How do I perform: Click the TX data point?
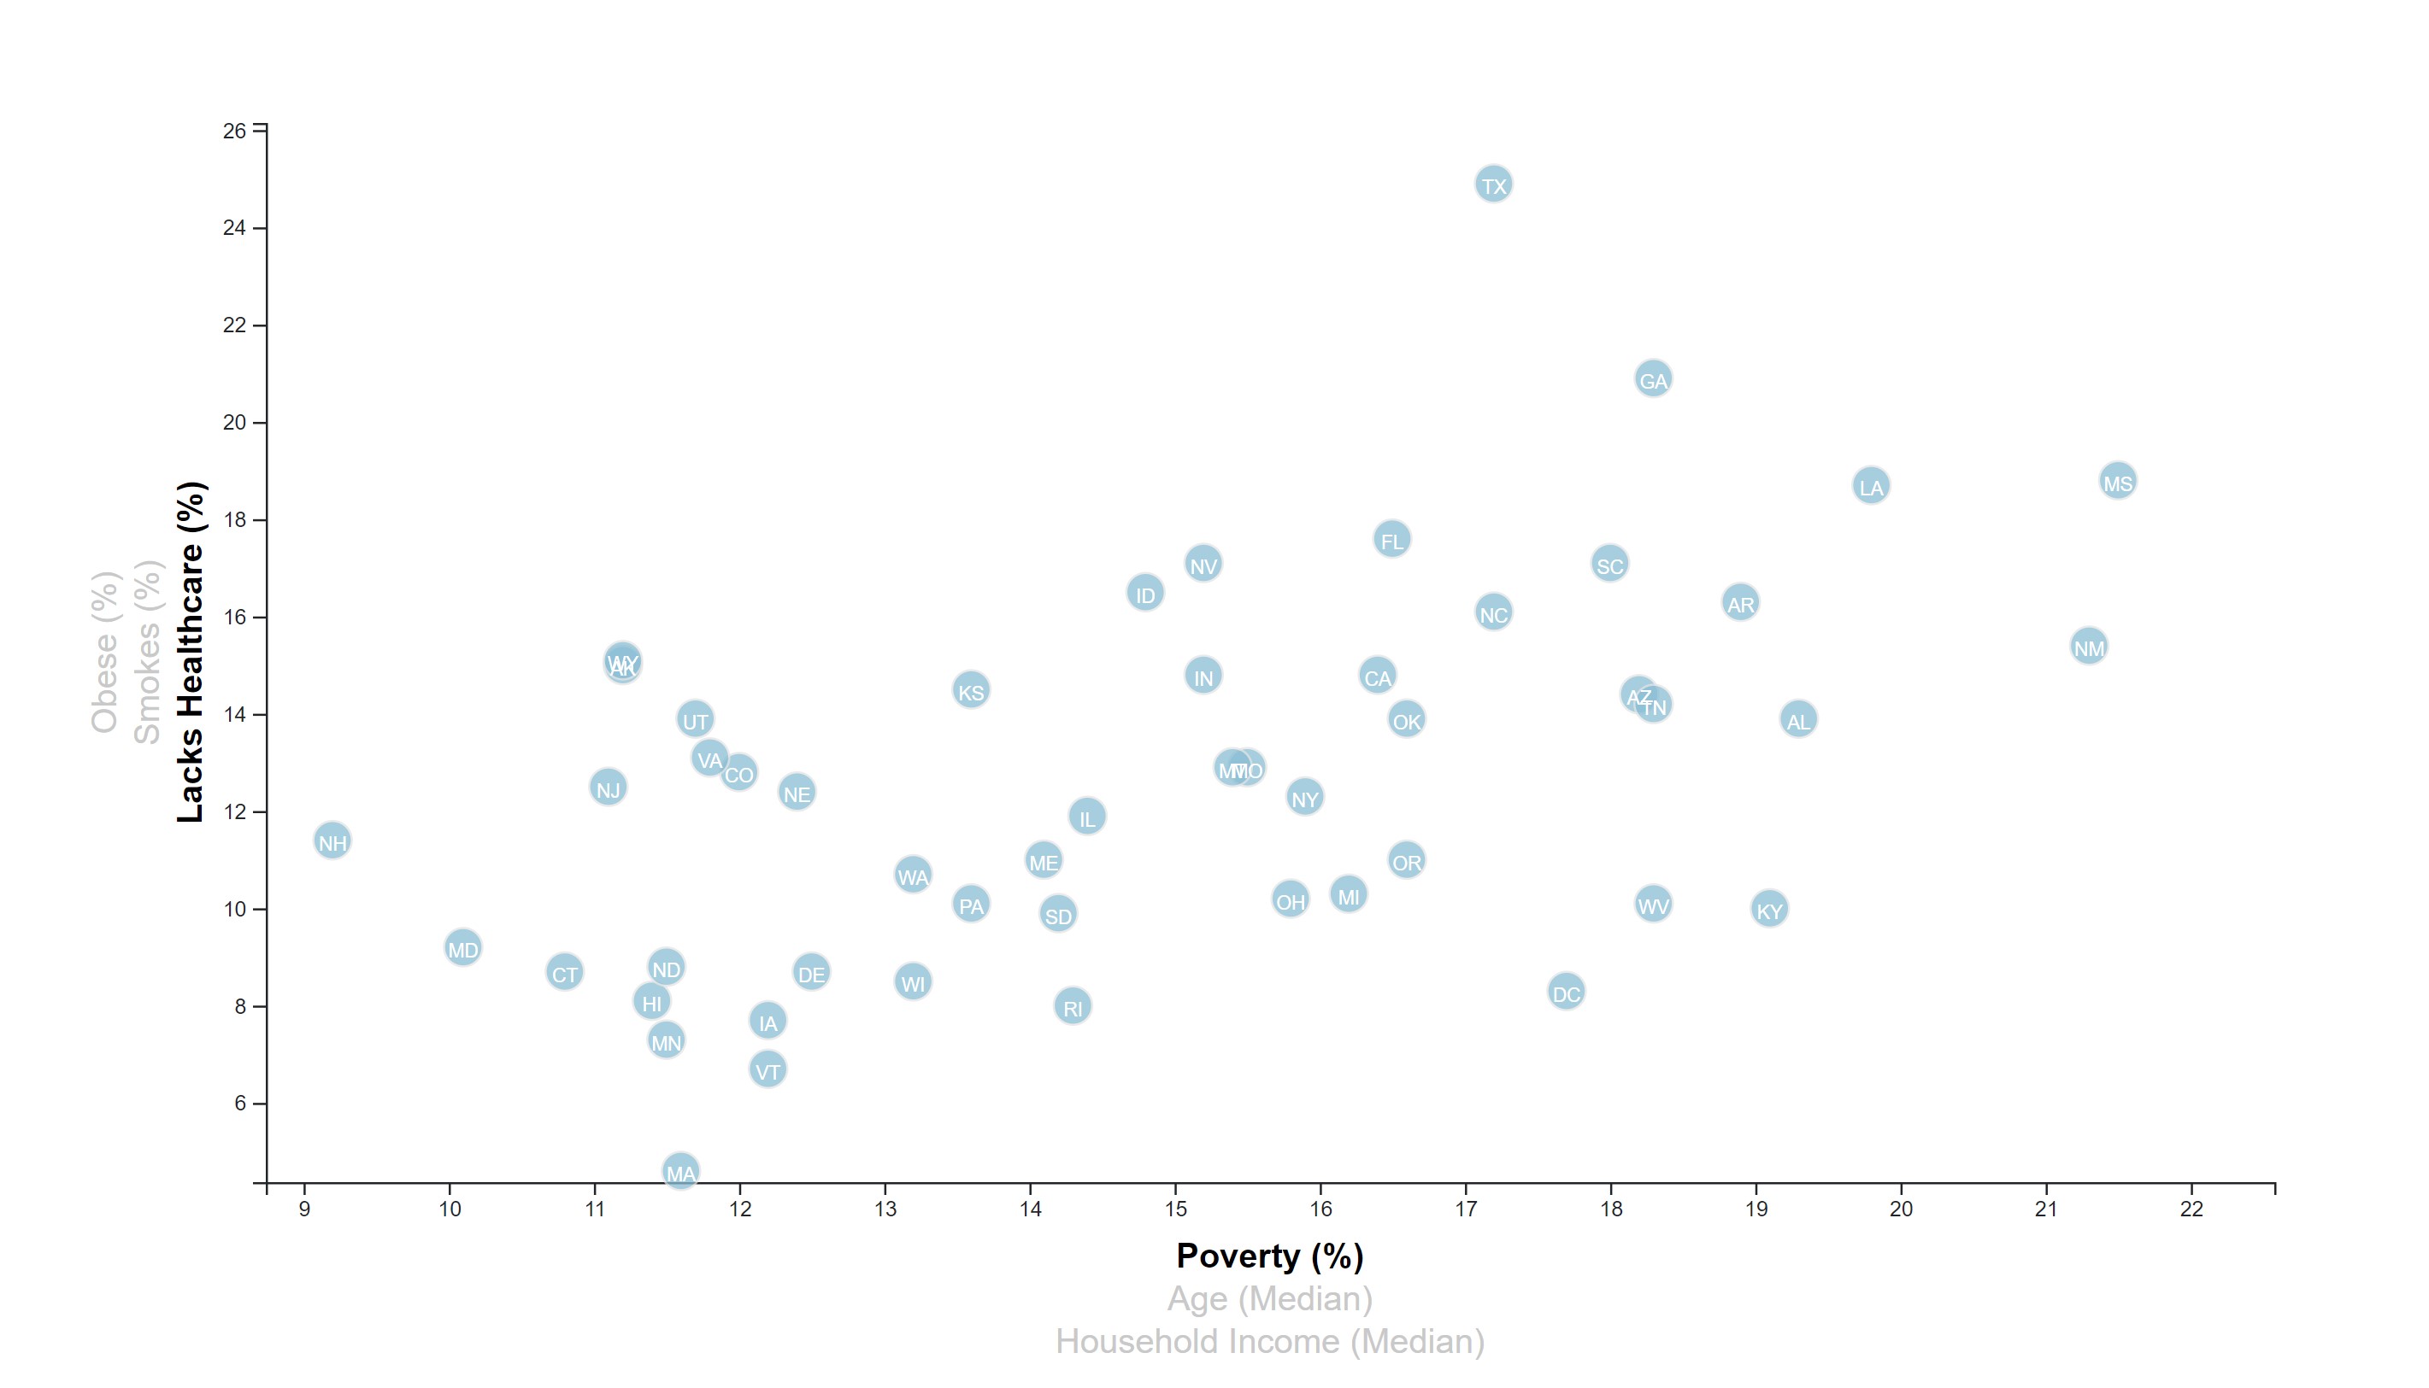(x=1493, y=184)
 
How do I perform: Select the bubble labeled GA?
(x=1653, y=379)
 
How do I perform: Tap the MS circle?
(x=2117, y=482)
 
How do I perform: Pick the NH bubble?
(x=332, y=840)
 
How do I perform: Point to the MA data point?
(x=680, y=1171)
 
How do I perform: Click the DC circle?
(x=1566, y=993)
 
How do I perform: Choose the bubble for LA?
(x=1870, y=486)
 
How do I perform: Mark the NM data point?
(x=2089, y=647)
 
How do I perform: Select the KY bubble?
(x=1769, y=910)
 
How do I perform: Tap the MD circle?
(x=462, y=947)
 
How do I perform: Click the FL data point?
(x=1391, y=540)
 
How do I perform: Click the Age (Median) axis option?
(x=1269, y=1298)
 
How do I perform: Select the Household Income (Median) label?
(x=1269, y=1341)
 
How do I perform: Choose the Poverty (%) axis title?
(x=1269, y=1256)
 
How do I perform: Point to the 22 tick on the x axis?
(x=2191, y=1209)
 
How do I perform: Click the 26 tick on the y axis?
(x=234, y=131)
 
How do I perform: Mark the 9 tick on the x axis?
(x=304, y=1209)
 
